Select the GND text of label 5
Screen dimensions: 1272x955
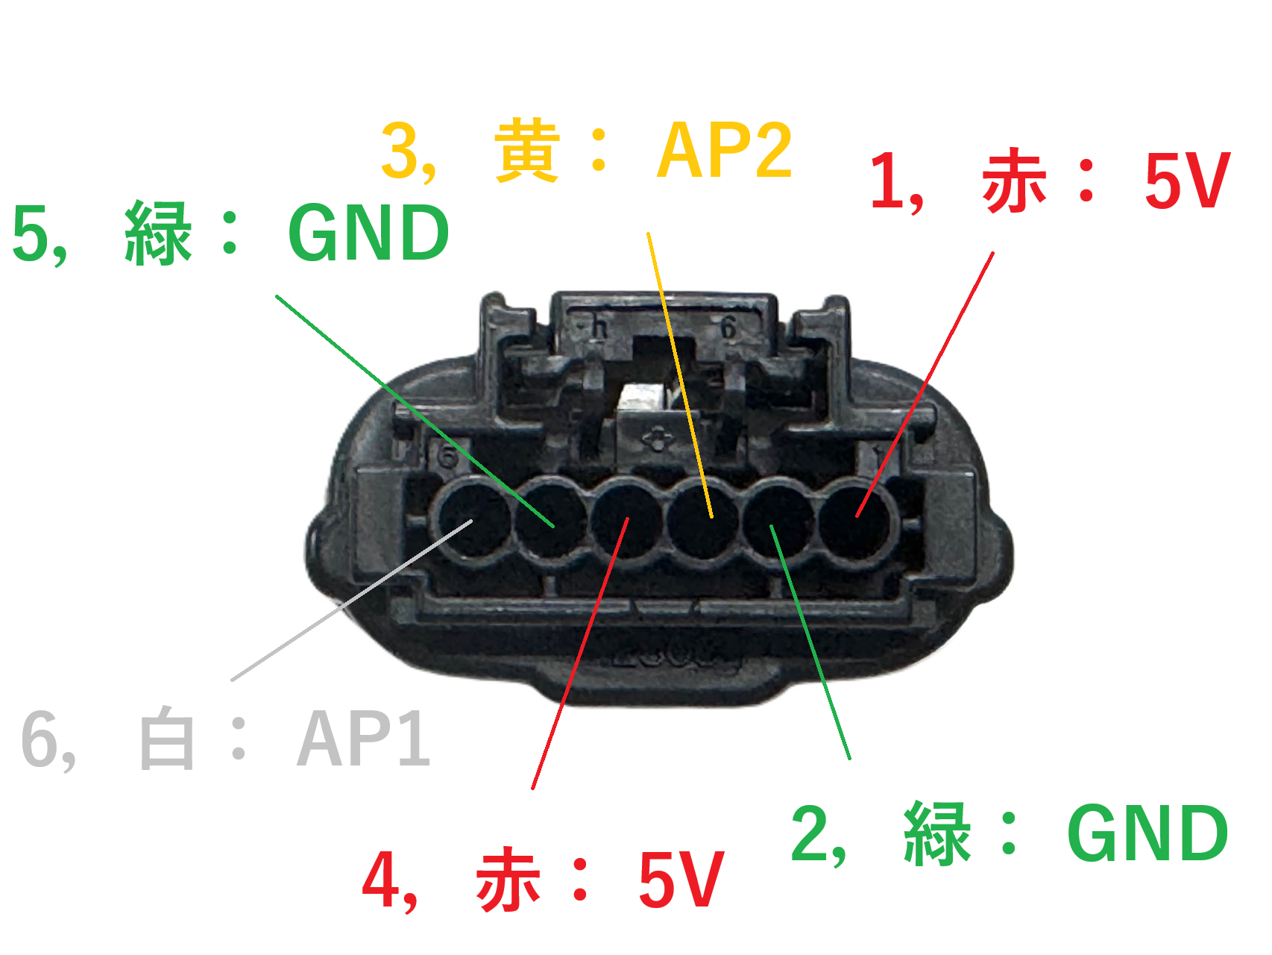coord(368,233)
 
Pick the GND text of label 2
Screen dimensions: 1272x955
coord(1147,833)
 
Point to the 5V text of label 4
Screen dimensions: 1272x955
coord(681,879)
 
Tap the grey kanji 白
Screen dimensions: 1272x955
coord(167,739)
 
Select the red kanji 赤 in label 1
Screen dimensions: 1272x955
coord(1015,181)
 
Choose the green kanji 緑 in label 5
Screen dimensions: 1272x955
coord(158,233)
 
